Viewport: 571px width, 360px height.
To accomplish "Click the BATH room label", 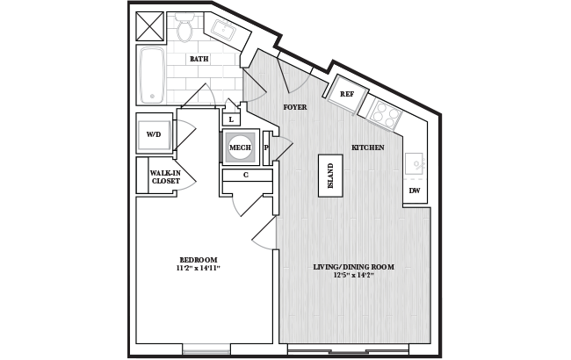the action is [199, 59].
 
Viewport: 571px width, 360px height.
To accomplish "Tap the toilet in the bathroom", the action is [184, 26].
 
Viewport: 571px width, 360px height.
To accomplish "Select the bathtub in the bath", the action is [151, 75].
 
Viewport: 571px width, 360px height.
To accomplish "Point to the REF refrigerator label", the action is [347, 94].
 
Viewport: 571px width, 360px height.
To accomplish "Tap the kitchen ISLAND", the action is [330, 176].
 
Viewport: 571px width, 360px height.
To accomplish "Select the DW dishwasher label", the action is [415, 191].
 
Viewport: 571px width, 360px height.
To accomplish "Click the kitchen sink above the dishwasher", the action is [415, 164].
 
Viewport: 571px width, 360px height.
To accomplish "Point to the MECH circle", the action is [241, 148].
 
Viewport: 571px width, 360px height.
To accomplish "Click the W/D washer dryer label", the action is [154, 134].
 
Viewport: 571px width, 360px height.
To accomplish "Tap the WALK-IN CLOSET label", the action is [165, 176].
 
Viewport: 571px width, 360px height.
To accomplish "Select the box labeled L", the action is [231, 119].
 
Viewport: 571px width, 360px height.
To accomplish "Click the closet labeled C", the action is [247, 175].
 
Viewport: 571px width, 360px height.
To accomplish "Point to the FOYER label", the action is [295, 107].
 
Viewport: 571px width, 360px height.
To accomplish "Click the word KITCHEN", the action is [368, 148].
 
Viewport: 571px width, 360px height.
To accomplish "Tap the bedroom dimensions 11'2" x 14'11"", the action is [199, 269].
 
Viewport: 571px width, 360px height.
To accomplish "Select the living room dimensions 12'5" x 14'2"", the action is [354, 275].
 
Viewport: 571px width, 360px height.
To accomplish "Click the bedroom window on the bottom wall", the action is [206, 349].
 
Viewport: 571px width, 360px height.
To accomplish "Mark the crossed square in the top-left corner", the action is [150, 26].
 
